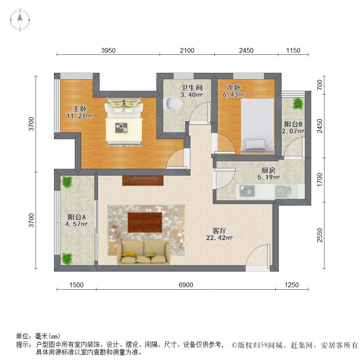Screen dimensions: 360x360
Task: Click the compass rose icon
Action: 20,20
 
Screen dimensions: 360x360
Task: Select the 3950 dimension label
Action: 108,50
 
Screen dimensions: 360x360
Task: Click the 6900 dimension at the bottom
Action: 186,285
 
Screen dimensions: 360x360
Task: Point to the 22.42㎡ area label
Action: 219,238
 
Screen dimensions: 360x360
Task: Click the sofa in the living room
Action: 144,252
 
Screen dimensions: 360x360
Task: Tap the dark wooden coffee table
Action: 145,222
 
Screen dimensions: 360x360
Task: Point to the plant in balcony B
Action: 298,104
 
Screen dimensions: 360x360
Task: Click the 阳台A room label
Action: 77,217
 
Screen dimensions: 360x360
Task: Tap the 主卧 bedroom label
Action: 80,108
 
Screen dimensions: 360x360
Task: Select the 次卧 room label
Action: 234,88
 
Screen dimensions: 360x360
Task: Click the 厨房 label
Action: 268,170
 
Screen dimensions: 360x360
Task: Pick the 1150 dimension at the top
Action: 293,50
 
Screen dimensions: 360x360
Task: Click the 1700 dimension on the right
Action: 320,180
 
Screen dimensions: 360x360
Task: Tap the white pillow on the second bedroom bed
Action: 255,144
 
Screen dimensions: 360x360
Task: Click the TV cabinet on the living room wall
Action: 143,180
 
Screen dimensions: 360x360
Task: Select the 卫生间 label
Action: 192,88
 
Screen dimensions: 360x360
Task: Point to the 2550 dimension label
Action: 320,235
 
